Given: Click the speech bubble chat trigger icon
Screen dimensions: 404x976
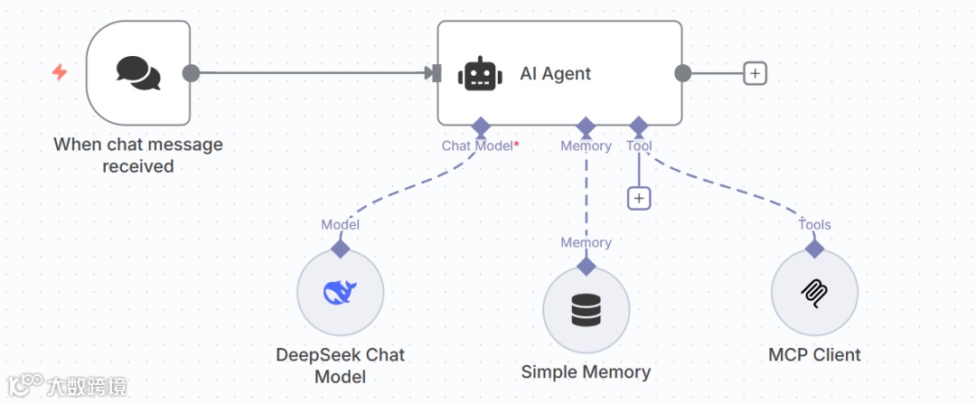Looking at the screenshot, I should pos(138,73).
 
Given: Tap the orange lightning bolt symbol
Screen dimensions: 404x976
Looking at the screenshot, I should pos(60,72).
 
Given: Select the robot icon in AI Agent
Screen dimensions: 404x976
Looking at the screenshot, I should pos(479,74).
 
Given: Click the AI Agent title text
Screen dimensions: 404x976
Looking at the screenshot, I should pos(555,74).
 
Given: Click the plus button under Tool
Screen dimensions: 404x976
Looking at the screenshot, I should pos(639,197).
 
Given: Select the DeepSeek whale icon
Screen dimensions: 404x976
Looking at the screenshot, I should pos(341,292).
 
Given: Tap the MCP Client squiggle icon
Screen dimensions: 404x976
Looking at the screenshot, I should pos(814,292).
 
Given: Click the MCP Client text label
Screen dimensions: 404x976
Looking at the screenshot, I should pos(814,354).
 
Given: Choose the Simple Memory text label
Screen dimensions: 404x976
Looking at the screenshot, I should pos(586,371).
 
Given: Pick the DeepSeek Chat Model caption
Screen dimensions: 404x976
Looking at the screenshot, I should pos(341,365).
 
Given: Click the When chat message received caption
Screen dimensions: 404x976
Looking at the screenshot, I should pos(138,155).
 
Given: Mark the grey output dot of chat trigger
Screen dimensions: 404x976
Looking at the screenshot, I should pos(191,73).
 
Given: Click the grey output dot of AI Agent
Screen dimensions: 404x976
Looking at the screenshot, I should pos(682,73).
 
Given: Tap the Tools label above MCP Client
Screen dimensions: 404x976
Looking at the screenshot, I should pos(814,224).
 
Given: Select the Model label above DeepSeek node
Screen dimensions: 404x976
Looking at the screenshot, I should pos(341,224).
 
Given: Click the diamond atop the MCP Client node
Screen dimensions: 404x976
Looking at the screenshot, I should pos(814,248).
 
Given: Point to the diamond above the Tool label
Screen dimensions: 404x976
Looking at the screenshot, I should pos(639,125).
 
